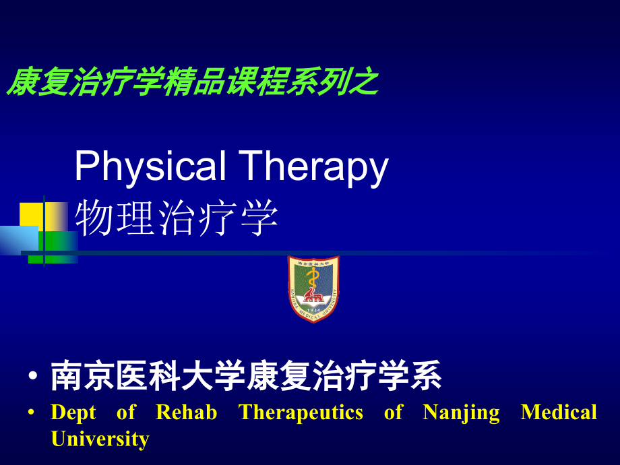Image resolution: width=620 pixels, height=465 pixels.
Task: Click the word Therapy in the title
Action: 313,166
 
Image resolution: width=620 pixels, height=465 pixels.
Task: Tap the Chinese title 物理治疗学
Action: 177,218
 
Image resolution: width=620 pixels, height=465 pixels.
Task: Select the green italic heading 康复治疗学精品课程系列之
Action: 192,83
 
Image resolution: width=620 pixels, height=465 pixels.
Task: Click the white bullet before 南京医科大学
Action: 33,378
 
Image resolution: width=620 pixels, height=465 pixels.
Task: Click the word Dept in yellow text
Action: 73,412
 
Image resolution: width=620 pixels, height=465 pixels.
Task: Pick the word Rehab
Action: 187,412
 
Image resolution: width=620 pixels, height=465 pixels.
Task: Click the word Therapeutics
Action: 301,412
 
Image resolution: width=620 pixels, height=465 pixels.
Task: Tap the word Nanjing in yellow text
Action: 461,412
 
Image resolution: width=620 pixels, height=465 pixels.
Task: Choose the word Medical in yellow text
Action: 559,412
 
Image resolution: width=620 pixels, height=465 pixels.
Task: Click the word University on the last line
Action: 100,439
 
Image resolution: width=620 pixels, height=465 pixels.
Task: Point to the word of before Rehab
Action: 126,412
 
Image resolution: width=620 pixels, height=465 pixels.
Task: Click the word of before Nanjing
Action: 393,412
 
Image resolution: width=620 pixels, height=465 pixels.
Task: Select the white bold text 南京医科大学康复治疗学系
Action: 246,377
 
